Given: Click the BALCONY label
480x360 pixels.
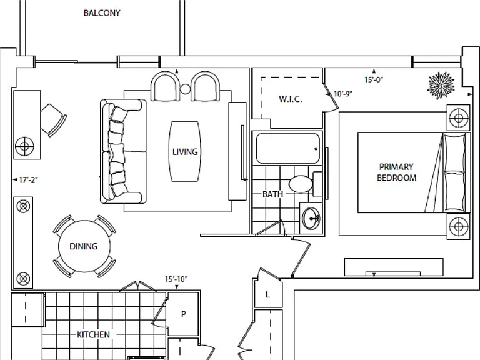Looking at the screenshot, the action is tap(102, 13).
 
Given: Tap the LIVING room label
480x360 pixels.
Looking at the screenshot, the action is tap(185, 152).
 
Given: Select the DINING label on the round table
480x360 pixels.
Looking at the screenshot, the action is tap(83, 246).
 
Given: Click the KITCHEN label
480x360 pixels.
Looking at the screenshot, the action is tap(93, 334).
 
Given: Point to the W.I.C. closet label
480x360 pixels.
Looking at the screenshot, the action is tap(291, 99).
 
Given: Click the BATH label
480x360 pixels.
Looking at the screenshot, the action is tap(272, 194).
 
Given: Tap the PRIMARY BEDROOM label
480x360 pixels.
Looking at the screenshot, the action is tap(396, 172).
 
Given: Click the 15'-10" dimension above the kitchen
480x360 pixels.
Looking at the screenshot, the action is tap(176, 279).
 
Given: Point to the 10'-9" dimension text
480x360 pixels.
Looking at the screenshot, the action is tap(343, 94).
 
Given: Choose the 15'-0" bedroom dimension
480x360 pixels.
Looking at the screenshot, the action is tap(374, 79).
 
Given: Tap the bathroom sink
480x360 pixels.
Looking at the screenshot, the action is tap(311, 218).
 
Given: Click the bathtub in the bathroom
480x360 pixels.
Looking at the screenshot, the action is tap(287, 148).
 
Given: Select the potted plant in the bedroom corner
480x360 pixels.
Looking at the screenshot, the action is tap(441, 86).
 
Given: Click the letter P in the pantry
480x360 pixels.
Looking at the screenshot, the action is tap(184, 314).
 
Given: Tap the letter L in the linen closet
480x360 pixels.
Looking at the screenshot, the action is tap(268, 295).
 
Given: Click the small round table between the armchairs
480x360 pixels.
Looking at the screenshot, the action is tap(185, 89).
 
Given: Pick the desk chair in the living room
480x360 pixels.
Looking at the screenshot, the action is tap(54, 120).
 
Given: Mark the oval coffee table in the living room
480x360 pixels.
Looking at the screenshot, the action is tap(185, 151).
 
